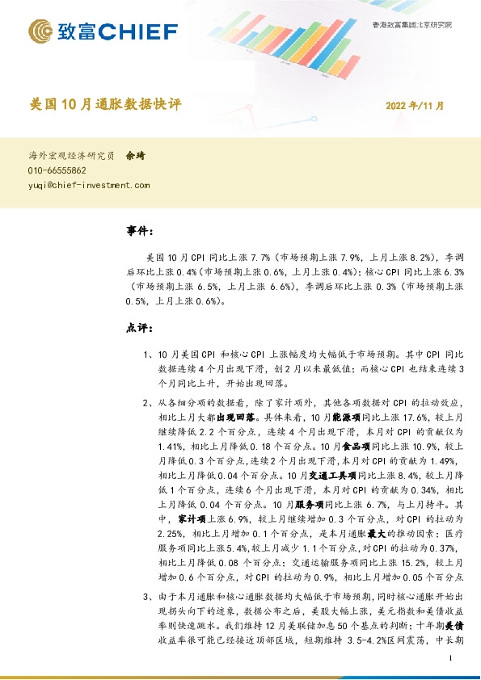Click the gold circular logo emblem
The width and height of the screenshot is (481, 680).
(42, 32)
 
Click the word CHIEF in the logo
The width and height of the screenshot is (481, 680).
(140, 32)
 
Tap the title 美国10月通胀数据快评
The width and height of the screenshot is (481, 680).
(105, 105)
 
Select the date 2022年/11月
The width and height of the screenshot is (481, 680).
(414, 106)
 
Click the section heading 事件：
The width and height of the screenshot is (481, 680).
(140, 231)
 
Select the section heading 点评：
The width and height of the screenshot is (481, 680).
(140, 329)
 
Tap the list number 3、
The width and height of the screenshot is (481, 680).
(147, 597)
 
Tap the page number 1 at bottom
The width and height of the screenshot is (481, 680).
(449, 660)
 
